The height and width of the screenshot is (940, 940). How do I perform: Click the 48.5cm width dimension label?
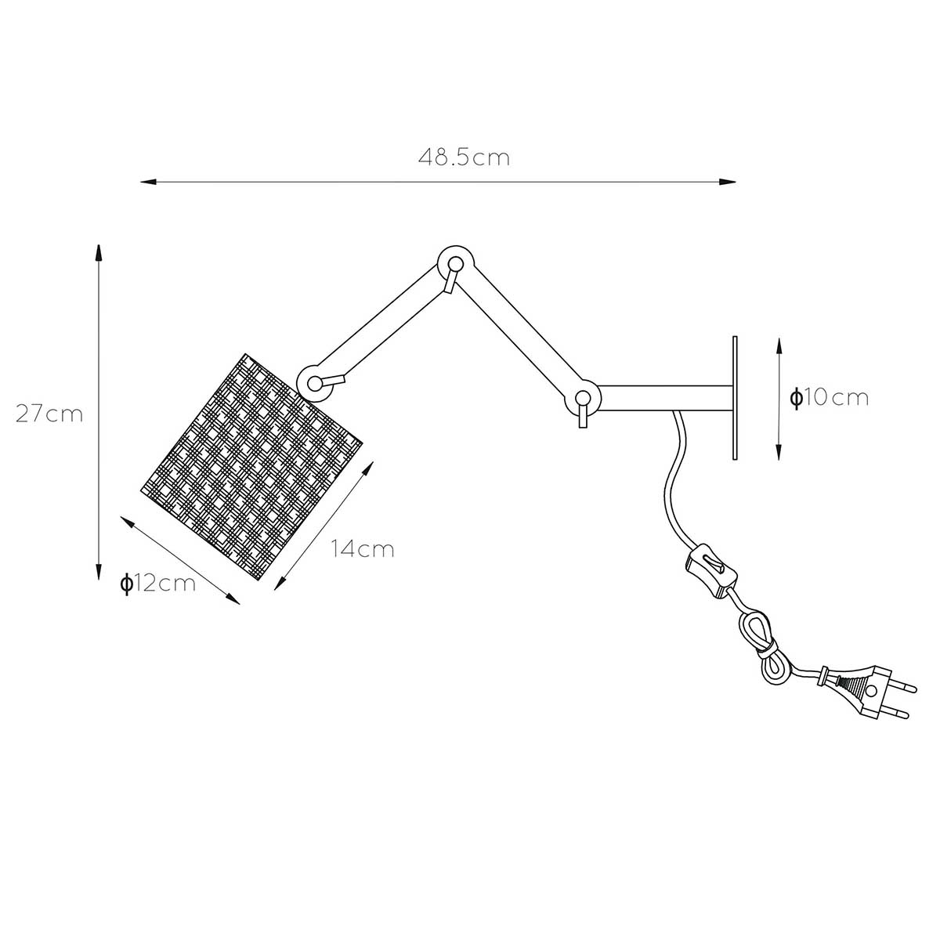(464, 157)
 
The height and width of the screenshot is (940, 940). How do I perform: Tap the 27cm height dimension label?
(50, 414)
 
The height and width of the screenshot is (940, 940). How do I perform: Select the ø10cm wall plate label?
(829, 398)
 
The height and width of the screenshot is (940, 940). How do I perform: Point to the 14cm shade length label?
(363, 549)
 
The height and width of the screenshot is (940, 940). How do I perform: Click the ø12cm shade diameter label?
(158, 584)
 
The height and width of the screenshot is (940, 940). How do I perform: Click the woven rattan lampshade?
(251, 467)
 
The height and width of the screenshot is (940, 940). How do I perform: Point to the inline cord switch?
(710, 571)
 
